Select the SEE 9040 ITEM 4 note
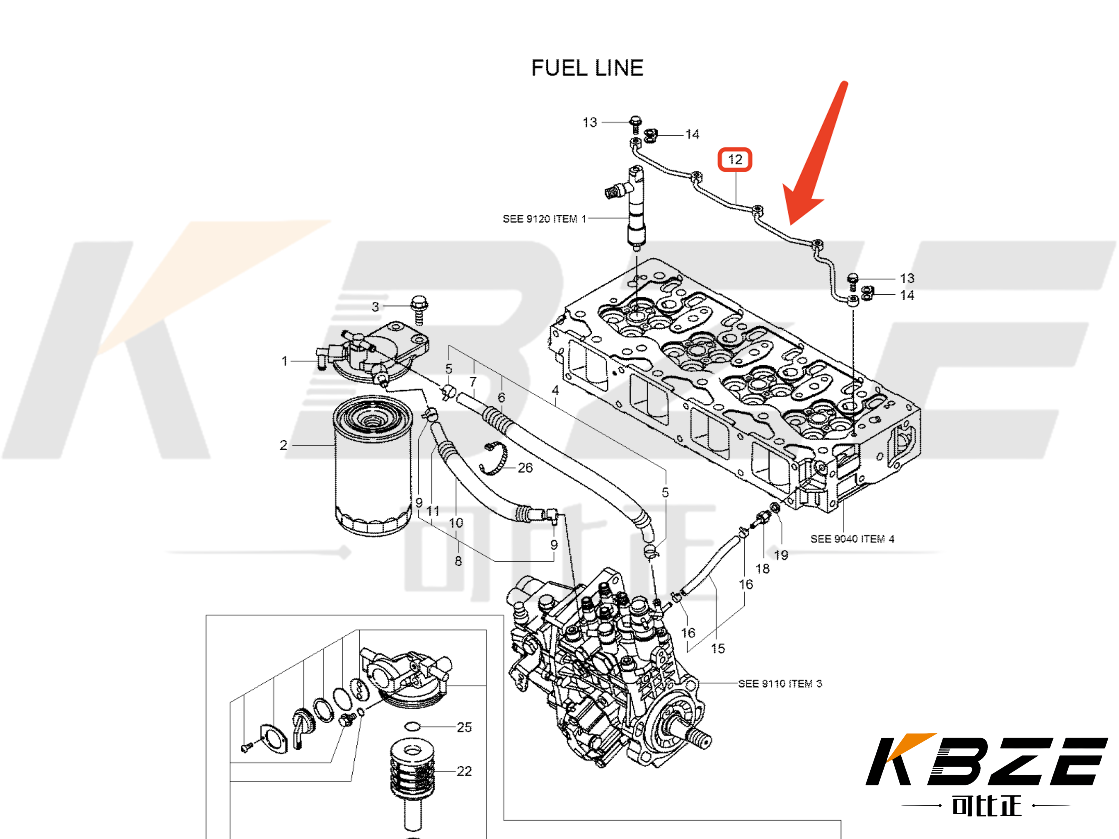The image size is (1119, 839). [x=852, y=539]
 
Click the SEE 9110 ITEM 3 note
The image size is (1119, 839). [x=780, y=684]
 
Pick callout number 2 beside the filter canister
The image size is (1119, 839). [x=283, y=445]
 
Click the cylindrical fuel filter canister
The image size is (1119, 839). [x=372, y=465]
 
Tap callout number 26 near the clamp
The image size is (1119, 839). [x=525, y=468]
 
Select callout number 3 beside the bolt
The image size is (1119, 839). [x=375, y=307]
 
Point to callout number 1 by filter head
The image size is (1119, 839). [x=284, y=361]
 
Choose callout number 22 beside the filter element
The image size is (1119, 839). [x=464, y=771]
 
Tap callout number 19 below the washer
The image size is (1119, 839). [x=781, y=555]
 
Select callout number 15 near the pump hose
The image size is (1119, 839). [x=717, y=648]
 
